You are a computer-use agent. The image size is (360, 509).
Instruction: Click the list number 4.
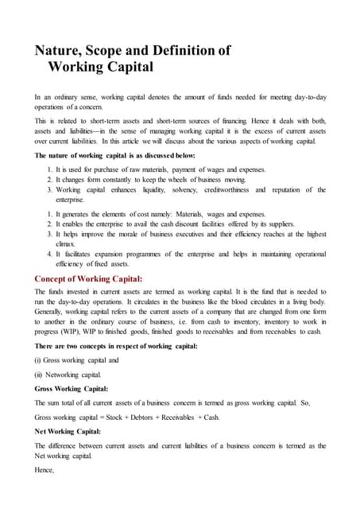(51, 257)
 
